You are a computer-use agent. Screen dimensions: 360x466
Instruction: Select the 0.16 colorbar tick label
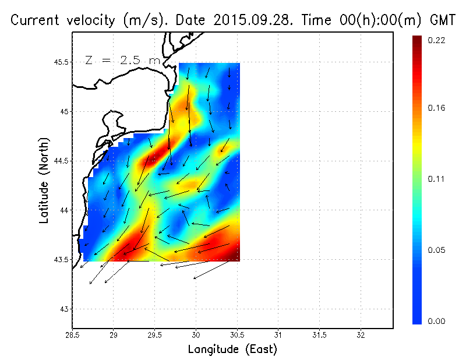(437, 108)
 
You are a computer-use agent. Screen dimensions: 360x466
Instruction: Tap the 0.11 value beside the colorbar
(436, 179)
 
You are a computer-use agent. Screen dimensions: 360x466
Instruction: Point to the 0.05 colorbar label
(437, 250)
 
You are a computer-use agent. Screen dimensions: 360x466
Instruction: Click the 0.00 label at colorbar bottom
(437, 321)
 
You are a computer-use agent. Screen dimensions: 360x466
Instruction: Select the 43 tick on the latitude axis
(63, 309)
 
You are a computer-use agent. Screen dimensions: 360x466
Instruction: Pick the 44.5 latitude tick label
(59, 161)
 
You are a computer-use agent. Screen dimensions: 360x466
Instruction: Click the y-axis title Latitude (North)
(44, 180)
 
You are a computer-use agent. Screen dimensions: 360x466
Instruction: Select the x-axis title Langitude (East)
(232, 350)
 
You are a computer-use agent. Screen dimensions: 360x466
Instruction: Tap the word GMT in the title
(442, 20)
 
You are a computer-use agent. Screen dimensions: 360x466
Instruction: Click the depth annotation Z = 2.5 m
(122, 60)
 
